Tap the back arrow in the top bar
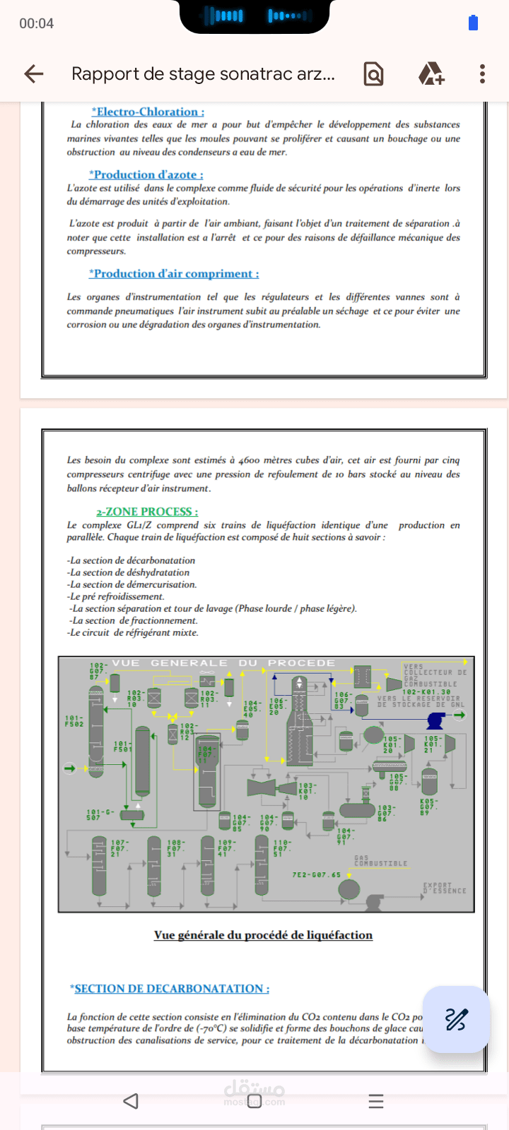(34, 73)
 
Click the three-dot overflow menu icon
(482, 73)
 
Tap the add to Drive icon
(431, 73)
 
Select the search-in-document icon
(373, 73)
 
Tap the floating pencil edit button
(456, 1019)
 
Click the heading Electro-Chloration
(148, 112)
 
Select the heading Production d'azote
(146, 174)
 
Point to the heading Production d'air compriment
(174, 273)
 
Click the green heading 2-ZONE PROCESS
(147, 511)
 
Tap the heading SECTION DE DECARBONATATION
(170, 989)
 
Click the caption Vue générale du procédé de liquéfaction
(263, 935)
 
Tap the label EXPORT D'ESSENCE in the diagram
(445, 888)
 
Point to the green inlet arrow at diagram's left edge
(69, 768)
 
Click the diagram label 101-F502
(74, 721)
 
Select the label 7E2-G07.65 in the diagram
(316, 875)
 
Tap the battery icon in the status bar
(473, 23)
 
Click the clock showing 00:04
(37, 23)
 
